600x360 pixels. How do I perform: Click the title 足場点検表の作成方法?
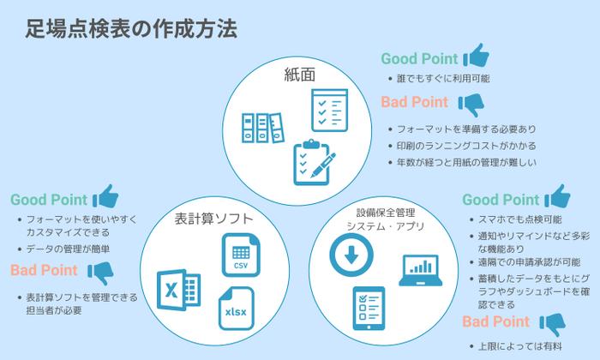(130, 27)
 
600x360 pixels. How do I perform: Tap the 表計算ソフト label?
(207, 218)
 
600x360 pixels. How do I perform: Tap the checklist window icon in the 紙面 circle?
(329, 109)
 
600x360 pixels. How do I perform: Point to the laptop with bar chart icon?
(420, 270)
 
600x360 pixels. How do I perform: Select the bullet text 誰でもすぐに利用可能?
(440, 80)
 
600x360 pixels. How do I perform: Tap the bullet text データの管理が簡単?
(69, 249)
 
